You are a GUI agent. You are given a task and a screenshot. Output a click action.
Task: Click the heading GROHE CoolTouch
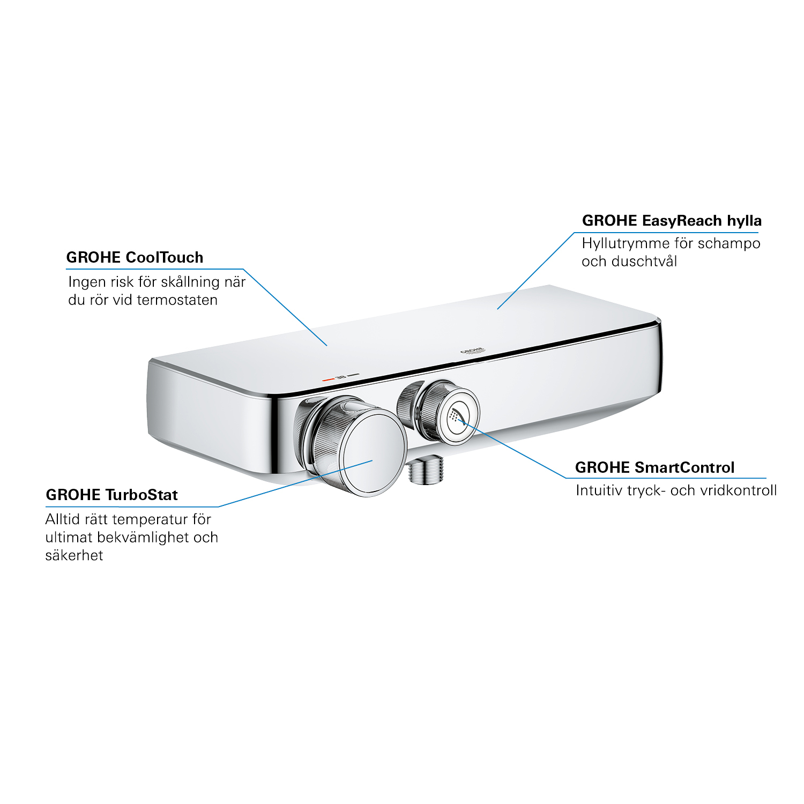135,257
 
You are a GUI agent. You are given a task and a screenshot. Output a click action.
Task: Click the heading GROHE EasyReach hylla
672,221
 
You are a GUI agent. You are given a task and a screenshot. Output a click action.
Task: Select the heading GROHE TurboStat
111,495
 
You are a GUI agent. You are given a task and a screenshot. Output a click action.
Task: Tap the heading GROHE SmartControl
654,467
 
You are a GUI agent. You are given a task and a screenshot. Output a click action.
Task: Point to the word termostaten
177,300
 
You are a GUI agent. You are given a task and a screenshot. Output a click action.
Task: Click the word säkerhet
74,555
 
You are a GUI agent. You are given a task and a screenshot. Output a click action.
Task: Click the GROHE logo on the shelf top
473,351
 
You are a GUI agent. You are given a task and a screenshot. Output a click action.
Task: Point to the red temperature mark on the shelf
328,379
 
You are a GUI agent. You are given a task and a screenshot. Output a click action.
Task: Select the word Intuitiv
599,490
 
